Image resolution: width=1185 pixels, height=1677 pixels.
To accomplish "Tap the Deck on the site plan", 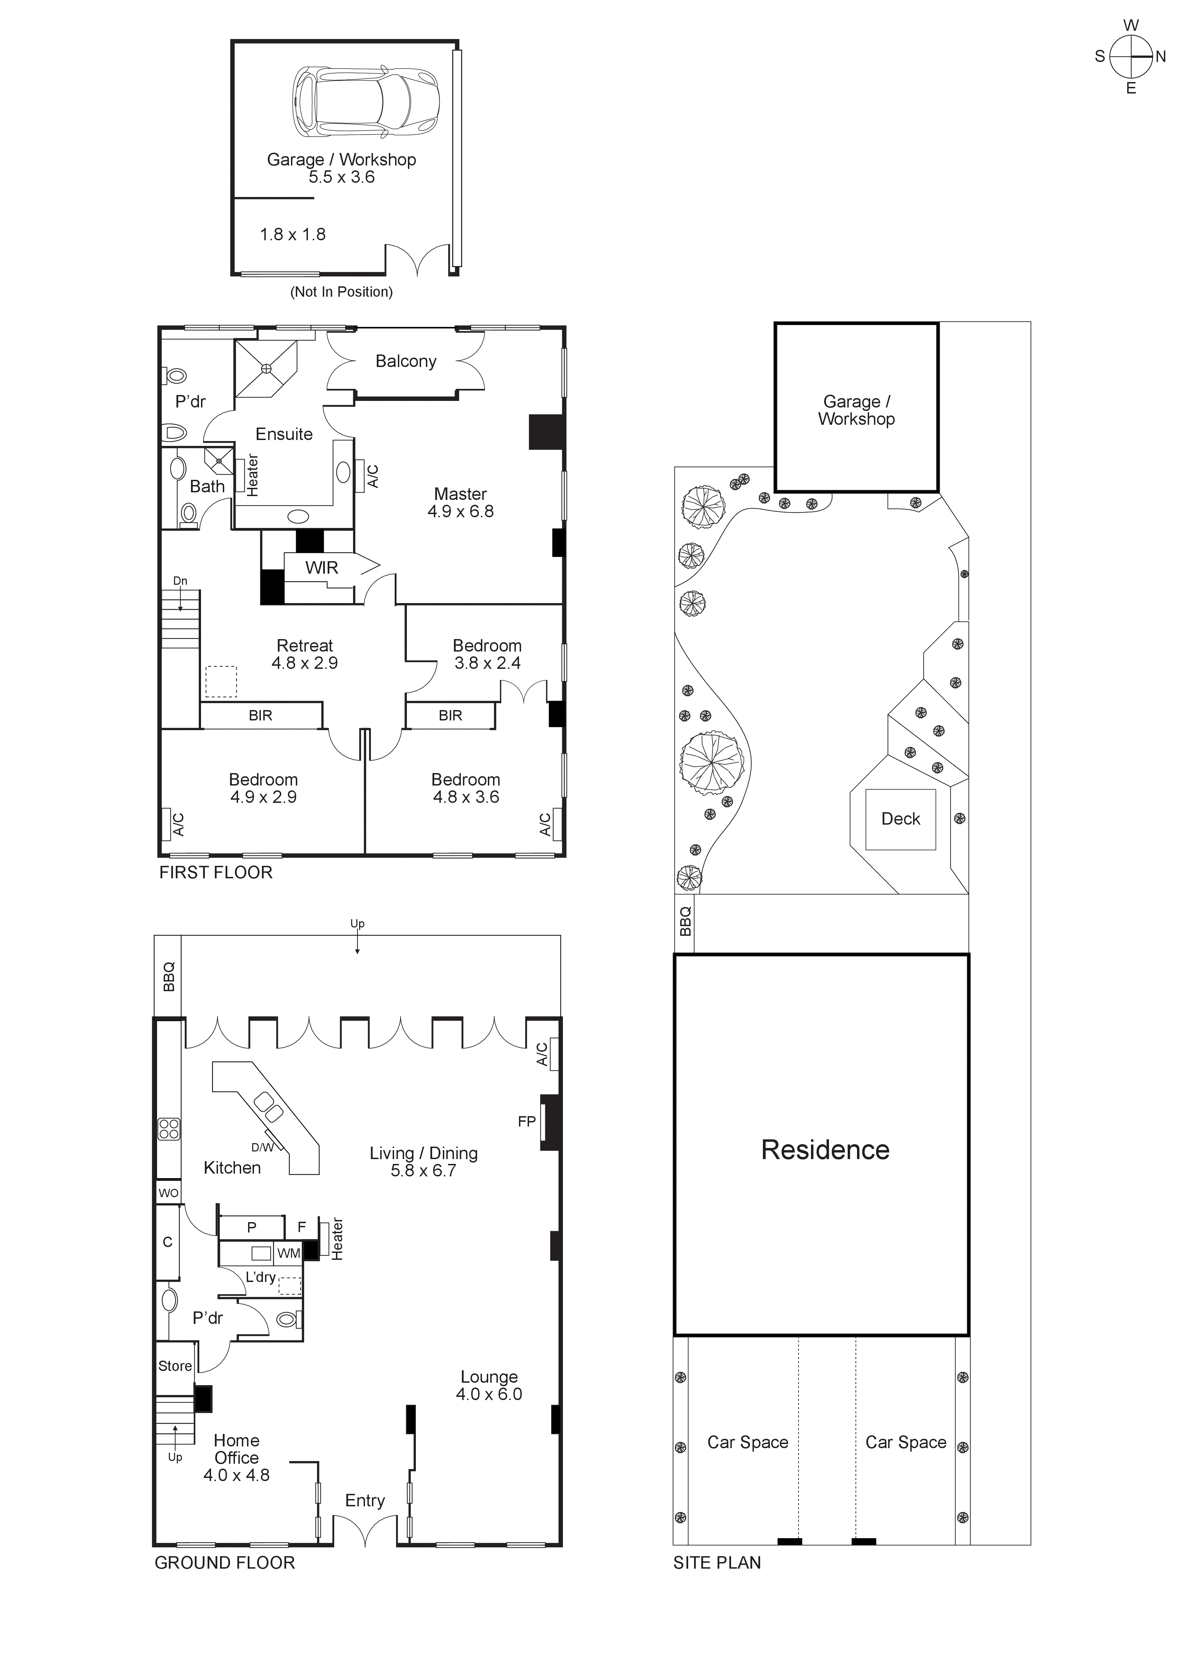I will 900,819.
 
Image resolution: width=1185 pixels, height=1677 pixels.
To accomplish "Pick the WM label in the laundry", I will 289,1253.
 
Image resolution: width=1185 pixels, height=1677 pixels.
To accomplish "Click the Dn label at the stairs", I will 180,581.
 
